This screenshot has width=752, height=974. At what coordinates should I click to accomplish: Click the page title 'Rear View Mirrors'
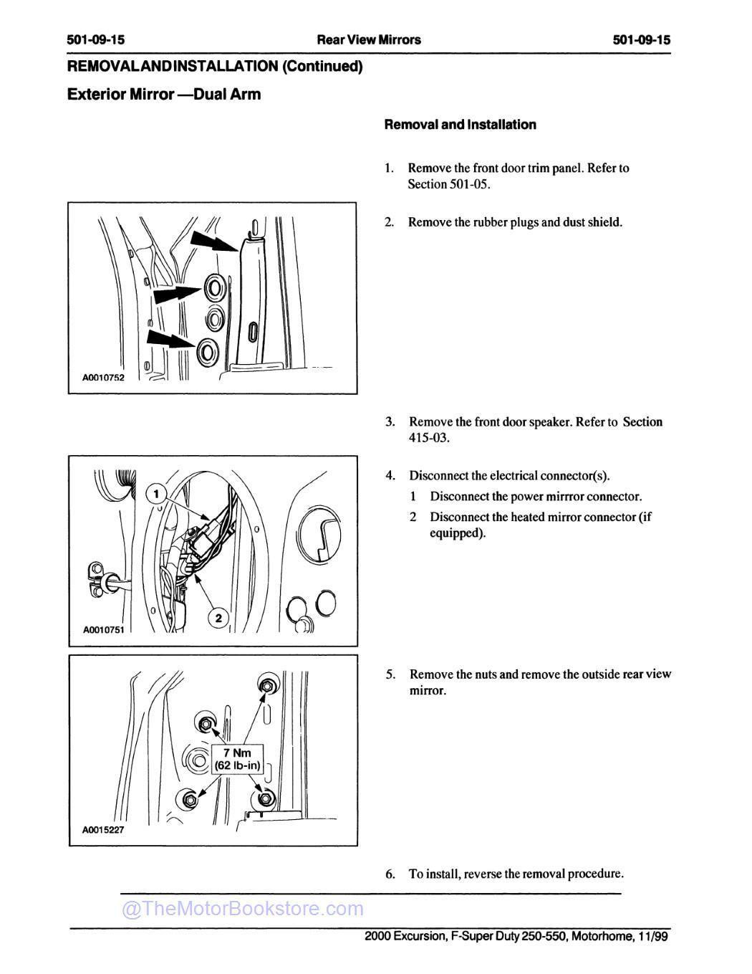[369, 39]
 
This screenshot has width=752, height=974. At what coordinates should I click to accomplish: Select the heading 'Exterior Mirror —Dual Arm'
[164, 95]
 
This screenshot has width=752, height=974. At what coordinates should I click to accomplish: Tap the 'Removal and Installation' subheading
[460, 125]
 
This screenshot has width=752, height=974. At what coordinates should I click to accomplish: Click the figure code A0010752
[102, 378]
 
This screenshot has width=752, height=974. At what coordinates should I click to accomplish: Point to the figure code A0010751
[103, 630]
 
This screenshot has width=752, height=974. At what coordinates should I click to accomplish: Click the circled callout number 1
[156, 492]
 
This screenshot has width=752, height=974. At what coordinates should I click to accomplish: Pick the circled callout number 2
[218, 618]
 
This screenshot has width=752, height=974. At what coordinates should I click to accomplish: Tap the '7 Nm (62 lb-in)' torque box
[238, 759]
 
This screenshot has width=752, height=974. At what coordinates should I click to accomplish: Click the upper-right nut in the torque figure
[266, 686]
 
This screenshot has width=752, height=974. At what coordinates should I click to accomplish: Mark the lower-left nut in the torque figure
[190, 798]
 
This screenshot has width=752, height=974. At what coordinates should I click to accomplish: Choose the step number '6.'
[390, 874]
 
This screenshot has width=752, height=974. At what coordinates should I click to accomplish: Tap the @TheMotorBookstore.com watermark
[243, 909]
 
